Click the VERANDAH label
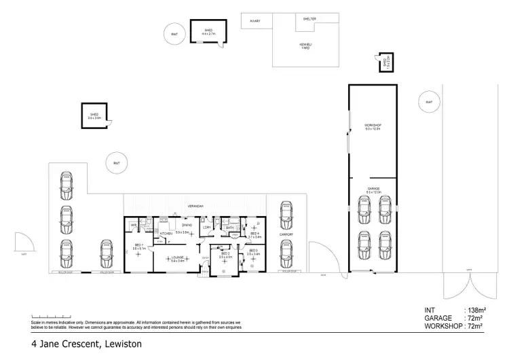pos(197,205)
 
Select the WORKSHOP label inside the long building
pos(373,126)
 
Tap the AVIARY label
pos(255,21)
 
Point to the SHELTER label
pos(309,19)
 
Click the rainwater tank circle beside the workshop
pos(428,102)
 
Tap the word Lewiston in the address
pos(123,344)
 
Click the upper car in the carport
pos(285,215)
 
